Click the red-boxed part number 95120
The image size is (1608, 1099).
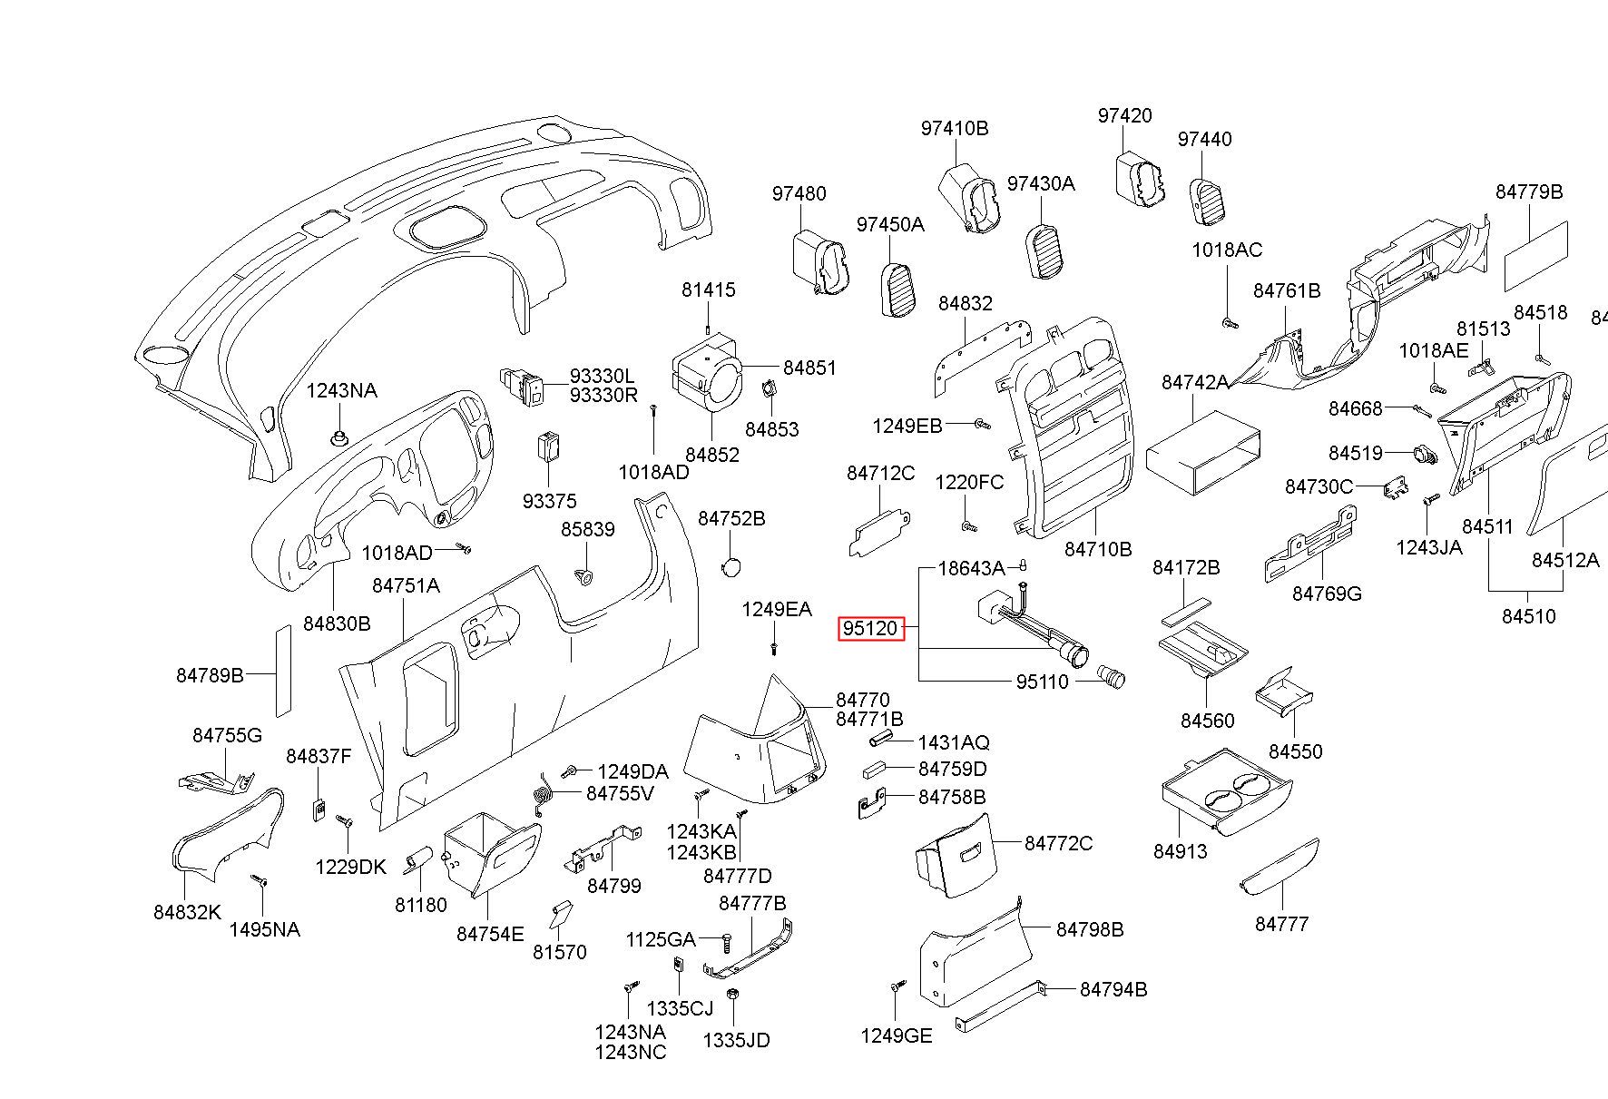pyautogui.click(x=871, y=628)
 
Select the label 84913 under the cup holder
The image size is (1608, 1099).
pyautogui.click(x=1181, y=852)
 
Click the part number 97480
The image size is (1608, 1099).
pyautogui.click(x=799, y=193)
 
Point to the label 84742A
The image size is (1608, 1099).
pyautogui.click(x=1195, y=383)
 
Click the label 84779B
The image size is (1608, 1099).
pyautogui.click(x=1529, y=191)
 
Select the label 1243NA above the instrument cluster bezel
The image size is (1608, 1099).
pyautogui.click(x=341, y=391)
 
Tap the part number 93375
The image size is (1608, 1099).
pyautogui.click(x=549, y=501)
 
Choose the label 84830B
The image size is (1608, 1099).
pyautogui.click(x=337, y=623)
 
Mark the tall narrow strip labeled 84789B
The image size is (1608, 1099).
pyautogui.click(x=283, y=671)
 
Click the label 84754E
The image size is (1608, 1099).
pyautogui.click(x=490, y=934)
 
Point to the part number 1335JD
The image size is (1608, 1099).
pyautogui.click(x=736, y=1040)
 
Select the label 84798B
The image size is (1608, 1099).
pyautogui.click(x=1090, y=929)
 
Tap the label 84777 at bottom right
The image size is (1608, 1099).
pyautogui.click(x=1282, y=924)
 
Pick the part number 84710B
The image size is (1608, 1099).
pyautogui.click(x=1098, y=550)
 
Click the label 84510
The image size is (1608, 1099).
pyautogui.click(x=1528, y=616)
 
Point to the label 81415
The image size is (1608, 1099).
pyautogui.click(x=709, y=290)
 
